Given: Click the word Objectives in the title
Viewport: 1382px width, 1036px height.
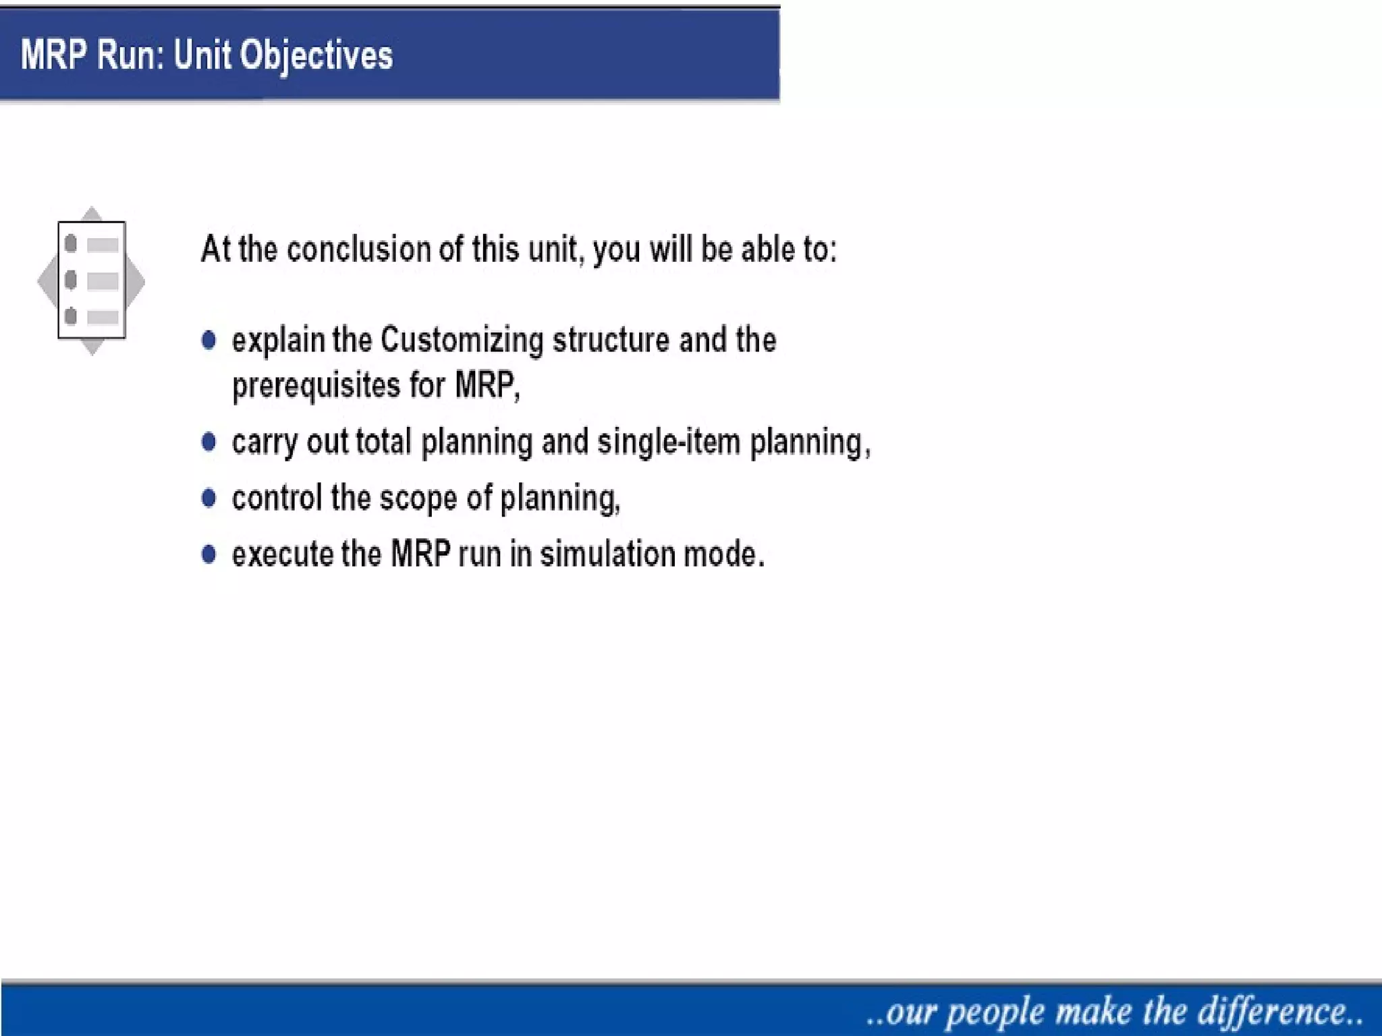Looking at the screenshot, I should (x=316, y=55).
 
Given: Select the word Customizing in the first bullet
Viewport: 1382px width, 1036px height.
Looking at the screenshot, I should (x=462, y=340).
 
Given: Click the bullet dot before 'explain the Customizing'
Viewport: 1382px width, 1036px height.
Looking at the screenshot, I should (x=209, y=340).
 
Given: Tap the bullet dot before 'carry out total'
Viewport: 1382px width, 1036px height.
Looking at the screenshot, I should (x=209, y=442).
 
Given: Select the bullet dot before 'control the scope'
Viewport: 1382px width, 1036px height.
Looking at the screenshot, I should (x=209, y=498).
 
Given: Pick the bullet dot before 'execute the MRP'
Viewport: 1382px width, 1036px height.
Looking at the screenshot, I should (x=209, y=554).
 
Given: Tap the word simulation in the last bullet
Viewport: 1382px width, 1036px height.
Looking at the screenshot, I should (x=607, y=554).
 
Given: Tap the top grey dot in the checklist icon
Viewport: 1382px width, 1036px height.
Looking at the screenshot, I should (x=71, y=244).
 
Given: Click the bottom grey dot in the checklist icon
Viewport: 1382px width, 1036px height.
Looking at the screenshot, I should (x=71, y=316).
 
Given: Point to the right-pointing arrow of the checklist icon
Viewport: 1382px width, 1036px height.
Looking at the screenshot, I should (x=136, y=281).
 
